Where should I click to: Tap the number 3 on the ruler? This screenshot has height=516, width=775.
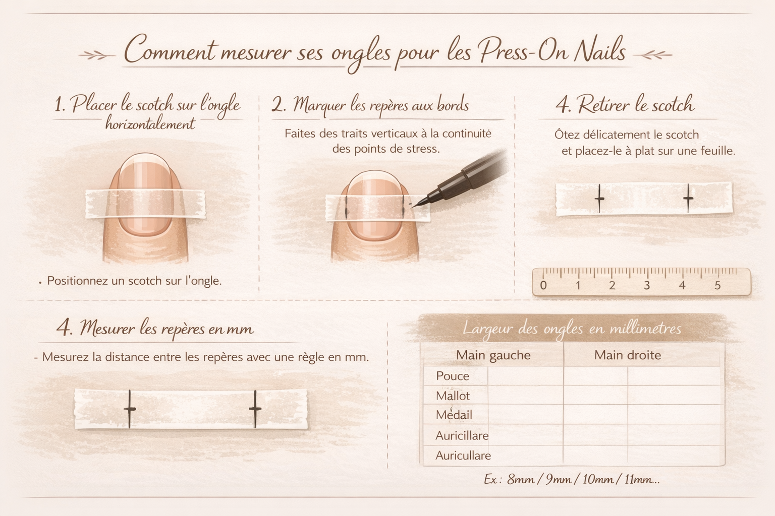[x=647, y=286]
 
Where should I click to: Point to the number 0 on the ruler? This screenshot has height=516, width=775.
[x=543, y=286]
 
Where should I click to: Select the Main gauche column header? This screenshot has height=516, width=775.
[x=493, y=355]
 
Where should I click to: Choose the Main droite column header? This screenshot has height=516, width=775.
[x=628, y=355]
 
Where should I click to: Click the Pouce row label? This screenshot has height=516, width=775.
[x=453, y=376]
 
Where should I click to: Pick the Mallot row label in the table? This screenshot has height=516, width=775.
[x=453, y=396]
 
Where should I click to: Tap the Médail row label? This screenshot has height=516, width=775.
[x=454, y=415]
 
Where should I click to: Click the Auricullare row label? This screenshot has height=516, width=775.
[x=463, y=456]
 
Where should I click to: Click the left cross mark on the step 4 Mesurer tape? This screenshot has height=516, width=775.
[x=129, y=409]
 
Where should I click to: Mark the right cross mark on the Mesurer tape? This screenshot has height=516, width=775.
[x=255, y=409]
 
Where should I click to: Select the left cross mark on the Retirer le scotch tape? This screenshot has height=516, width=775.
[x=599, y=199]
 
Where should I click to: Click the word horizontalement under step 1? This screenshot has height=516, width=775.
[x=150, y=123]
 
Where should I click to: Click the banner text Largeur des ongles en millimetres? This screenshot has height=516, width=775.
[x=572, y=329]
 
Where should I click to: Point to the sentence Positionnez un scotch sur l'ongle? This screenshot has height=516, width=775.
[x=134, y=281]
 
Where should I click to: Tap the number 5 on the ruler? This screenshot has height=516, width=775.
[x=717, y=286]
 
